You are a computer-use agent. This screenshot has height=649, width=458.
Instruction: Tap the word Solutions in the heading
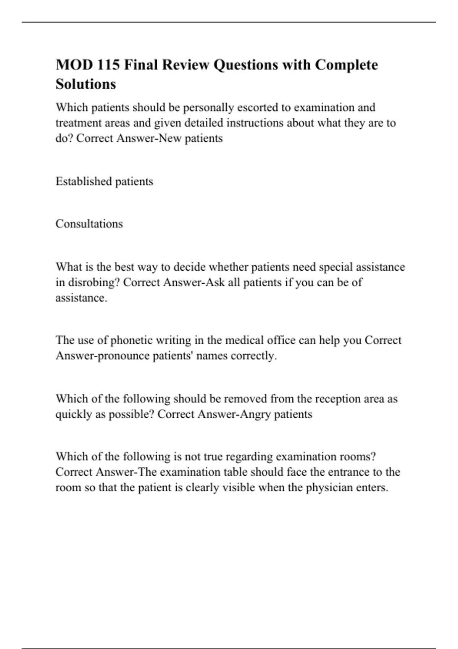coord(85,84)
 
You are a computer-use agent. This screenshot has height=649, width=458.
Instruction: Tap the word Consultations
coord(89,224)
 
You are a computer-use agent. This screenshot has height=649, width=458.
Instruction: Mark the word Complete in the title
coord(346,65)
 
